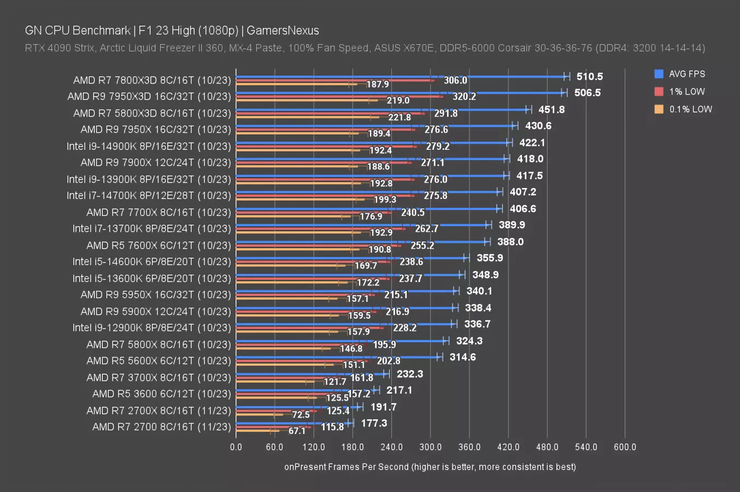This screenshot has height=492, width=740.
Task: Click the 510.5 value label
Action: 590,77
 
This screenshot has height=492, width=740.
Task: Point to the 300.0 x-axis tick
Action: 430,447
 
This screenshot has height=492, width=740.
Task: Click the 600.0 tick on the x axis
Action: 625,447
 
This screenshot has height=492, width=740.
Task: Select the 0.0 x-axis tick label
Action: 236,447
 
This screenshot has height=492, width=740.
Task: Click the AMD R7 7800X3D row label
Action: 152,80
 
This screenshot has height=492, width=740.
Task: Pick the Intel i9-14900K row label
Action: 149,146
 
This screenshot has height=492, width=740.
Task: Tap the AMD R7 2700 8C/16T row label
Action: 162,426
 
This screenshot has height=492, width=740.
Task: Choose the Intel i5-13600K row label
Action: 152,278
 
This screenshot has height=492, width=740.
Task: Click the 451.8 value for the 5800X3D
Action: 551,109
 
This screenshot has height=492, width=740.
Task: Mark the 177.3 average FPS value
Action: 374,423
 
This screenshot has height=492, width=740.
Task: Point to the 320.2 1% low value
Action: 464,96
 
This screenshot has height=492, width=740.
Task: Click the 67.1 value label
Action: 297,431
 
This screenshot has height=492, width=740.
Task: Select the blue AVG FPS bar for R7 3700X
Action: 312,374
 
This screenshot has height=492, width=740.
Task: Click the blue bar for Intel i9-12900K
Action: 344,324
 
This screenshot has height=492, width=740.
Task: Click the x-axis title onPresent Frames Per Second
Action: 430,467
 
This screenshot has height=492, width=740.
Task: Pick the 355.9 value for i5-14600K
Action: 490,257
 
